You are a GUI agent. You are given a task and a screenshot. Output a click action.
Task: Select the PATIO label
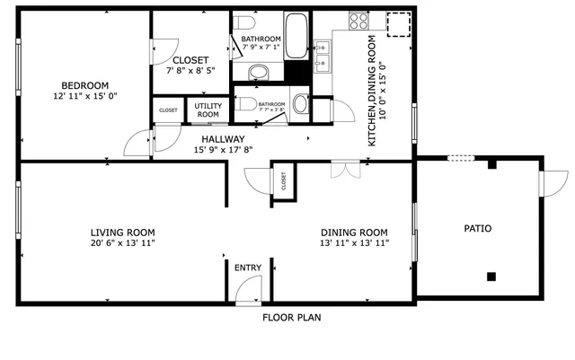tap(477, 229)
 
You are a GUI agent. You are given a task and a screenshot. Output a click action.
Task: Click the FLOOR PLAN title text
tap(291, 318)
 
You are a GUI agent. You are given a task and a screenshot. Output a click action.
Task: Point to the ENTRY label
tap(247, 268)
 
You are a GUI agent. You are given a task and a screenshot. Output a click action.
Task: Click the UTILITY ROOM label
tap(208, 110)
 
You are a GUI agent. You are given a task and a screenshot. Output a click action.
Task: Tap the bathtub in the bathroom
tap(296, 35)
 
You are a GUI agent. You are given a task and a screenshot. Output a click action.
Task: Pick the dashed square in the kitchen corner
tap(397, 24)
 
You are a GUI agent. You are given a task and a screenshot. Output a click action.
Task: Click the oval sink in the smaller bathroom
tap(299, 104)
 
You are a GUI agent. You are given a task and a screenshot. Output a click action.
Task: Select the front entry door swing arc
tap(247, 289)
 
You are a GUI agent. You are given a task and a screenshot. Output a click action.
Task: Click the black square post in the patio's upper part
tap(491, 164)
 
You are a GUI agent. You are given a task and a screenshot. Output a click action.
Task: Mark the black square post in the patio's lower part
tap(491, 276)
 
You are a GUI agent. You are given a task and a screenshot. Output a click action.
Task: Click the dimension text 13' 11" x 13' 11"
tap(354, 243)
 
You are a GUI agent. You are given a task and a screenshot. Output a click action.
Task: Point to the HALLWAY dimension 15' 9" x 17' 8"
tap(223, 150)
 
